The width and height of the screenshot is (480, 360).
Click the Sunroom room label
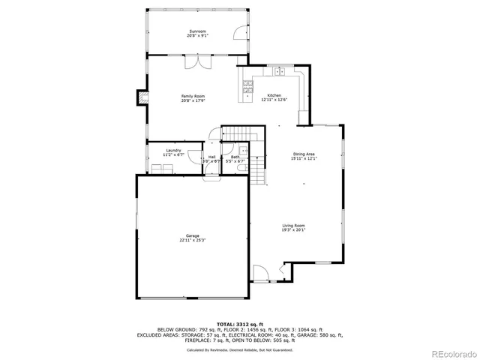click(198, 31)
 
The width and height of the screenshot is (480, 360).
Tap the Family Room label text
click(193, 96)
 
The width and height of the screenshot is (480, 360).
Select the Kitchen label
click(274, 95)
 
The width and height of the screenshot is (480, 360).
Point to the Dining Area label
click(304, 154)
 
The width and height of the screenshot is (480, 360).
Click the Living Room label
click(293, 226)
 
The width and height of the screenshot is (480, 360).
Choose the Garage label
click(193, 237)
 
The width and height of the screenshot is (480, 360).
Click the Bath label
click(235, 157)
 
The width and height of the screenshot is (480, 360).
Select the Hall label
click(211, 157)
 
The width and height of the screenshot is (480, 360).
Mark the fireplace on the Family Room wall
click(140, 96)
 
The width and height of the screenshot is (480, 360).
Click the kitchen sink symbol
click(278, 72)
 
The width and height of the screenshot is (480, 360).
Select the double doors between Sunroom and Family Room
click(198, 63)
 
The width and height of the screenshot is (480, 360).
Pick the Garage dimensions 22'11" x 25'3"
click(193, 241)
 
